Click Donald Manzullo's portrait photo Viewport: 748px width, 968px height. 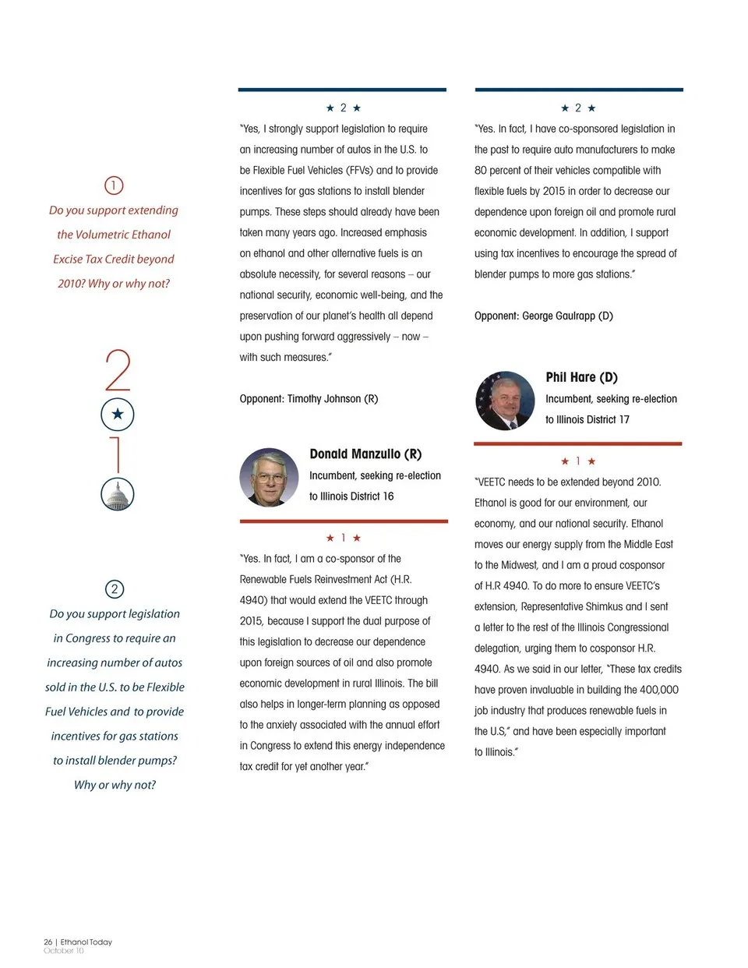click(269, 477)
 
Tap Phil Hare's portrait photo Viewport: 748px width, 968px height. click(505, 401)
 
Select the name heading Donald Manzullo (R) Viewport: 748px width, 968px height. click(365, 454)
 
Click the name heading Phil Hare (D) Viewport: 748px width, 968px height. click(581, 377)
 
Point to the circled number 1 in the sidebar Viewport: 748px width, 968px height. click(114, 185)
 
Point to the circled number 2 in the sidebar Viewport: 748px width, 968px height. click(114, 589)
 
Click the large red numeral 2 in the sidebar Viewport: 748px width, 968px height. click(118, 371)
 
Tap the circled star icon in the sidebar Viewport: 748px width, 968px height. click(118, 414)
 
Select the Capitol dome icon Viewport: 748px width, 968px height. click(118, 494)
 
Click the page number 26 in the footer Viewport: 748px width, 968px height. click(48, 942)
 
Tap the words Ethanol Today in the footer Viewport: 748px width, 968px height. click(86, 942)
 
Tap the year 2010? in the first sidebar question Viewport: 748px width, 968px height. click(71, 284)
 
